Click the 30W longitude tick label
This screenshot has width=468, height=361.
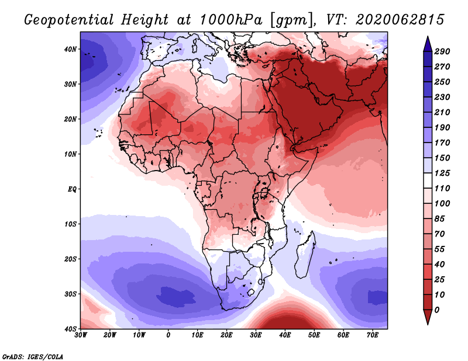(x=81, y=335)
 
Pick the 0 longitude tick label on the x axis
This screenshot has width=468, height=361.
(x=168, y=335)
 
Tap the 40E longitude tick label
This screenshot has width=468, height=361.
(x=285, y=335)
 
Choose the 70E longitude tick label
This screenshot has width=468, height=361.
(x=373, y=335)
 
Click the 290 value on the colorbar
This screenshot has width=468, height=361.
(x=443, y=51)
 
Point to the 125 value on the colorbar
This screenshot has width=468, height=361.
(x=443, y=173)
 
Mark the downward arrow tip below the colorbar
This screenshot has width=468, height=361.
(x=428, y=322)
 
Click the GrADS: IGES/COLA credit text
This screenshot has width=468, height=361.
(x=33, y=356)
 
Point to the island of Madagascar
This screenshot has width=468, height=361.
(x=305, y=255)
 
